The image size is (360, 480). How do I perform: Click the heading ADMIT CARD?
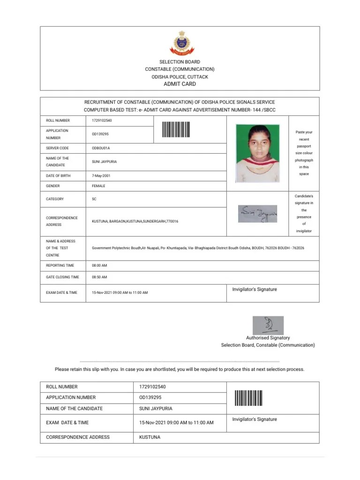click(180, 84)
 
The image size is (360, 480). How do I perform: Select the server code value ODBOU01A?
click(101, 148)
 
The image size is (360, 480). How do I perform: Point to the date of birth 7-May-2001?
click(101, 176)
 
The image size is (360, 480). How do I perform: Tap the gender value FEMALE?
click(98, 186)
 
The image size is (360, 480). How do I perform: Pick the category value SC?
click(94, 199)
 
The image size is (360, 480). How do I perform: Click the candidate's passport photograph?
click(257, 153)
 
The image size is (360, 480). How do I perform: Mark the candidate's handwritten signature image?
click(257, 214)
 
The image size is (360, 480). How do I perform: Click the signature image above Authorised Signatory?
click(268, 325)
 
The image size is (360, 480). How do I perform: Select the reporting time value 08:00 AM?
click(99, 265)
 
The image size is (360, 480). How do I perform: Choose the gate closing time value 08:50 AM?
click(99, 277)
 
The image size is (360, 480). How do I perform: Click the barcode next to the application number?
click(176, 130)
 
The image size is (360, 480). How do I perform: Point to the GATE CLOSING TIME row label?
click(62, 277)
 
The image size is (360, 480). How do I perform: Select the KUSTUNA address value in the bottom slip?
click(150, 437)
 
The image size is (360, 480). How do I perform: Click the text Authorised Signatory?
click(268, 337)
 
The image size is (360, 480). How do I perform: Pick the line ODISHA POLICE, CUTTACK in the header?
click(180, 77)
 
